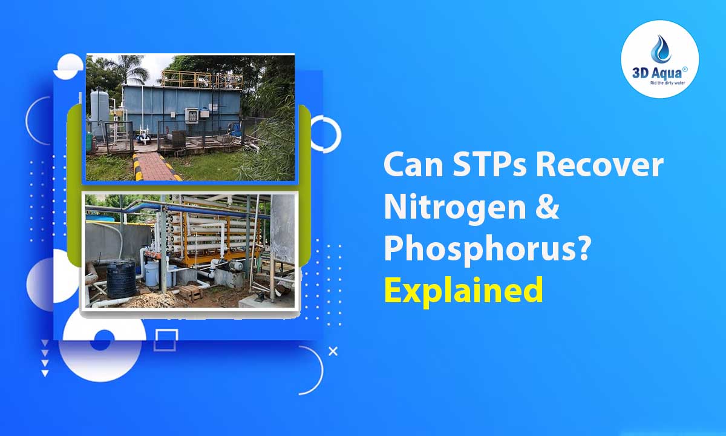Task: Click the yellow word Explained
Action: (x=463, y=291)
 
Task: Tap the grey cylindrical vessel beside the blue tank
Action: (x=99, y=109)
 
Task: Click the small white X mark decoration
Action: (x=332, y=351)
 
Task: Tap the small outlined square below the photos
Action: (x=166, y=340)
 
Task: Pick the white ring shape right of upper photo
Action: (x=325, y=133)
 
